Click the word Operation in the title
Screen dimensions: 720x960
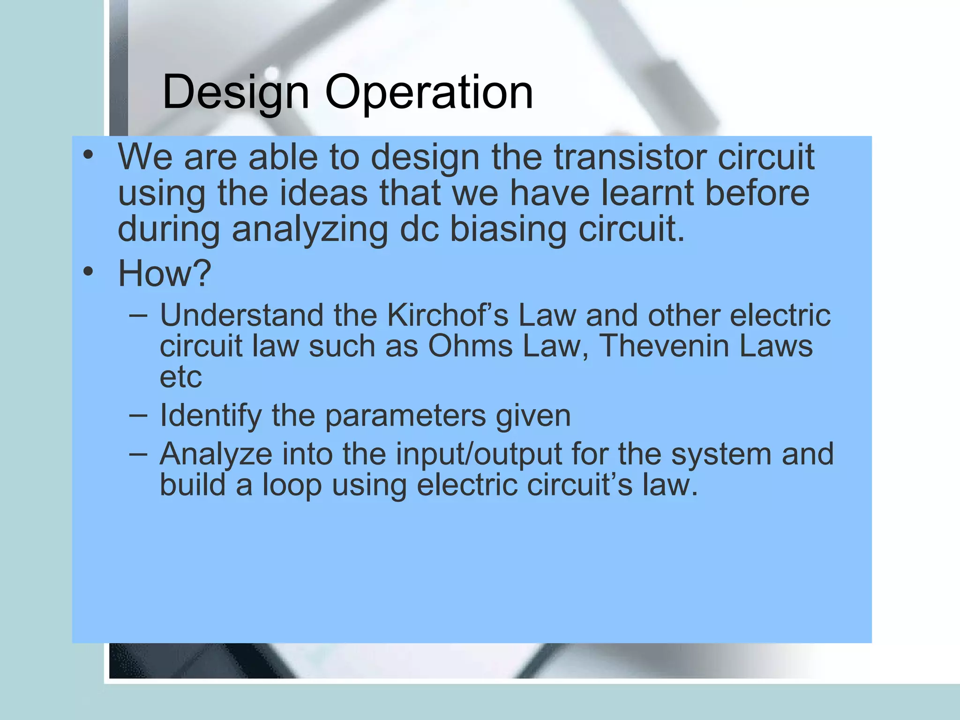point(429,92)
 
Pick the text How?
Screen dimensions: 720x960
point(165,273)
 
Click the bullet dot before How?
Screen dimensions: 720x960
point(88,271)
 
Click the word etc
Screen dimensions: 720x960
point(181,377)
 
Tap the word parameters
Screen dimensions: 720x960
point(405,416)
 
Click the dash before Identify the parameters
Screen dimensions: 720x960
point(138,415)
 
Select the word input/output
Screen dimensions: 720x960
point(479,454)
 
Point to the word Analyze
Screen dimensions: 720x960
point(216,454)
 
